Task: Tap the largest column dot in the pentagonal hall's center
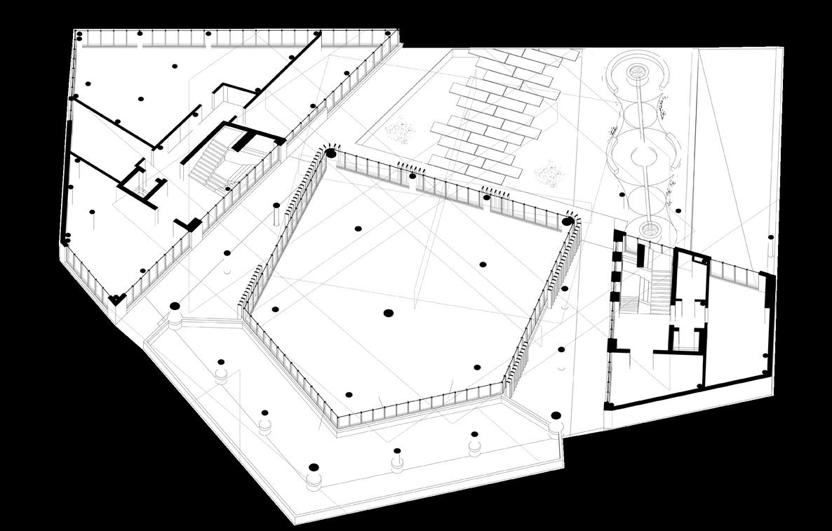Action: [388, 313]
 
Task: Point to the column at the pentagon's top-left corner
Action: [330, 153]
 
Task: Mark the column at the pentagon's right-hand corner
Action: [568, 222]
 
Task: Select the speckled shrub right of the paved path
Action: [549, 170]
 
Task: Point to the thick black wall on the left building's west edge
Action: [67, 182]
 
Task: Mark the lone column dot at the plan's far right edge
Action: [771, 238]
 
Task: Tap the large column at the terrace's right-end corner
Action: [556, 415]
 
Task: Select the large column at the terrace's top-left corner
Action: [175, 307]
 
